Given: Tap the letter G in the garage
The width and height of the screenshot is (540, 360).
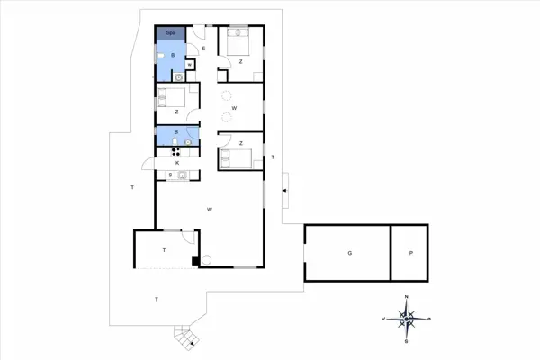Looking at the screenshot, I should (x=348, y=254).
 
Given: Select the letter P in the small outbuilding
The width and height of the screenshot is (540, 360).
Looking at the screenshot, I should (x=410, y=254).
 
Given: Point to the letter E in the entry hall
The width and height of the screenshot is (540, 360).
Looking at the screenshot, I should (x=204, y=48).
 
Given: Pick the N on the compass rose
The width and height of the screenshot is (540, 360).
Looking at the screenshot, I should (x=407, y=297).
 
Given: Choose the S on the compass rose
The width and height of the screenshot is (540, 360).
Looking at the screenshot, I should (x=407, y=341).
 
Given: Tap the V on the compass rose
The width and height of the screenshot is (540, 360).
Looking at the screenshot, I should (x=384, y=319).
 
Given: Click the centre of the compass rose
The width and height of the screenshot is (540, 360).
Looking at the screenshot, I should (x=407, y=319).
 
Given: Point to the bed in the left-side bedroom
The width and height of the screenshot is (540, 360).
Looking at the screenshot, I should (x=173, y=96).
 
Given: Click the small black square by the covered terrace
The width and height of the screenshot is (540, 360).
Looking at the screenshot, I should (x=195, y=262).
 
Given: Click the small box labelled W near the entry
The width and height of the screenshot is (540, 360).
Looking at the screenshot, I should (x=190, y=65).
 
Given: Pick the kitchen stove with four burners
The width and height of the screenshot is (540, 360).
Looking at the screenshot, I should (x=166, y=150).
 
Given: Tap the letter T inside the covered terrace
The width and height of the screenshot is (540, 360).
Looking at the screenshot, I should (x=165, y=249).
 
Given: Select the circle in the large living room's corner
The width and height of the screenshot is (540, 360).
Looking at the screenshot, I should (x=206, y=261).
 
